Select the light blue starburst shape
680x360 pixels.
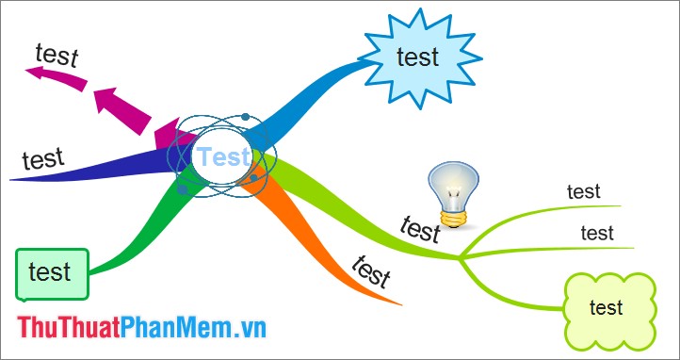[417, 58]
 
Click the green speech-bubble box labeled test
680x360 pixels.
[51, 273]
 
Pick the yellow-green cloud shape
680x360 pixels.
[607, 308]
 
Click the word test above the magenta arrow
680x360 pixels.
[57, 54]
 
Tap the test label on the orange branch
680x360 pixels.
[370, 271]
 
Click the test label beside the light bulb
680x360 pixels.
[420, 229]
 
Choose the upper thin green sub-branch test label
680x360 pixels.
[583, 191]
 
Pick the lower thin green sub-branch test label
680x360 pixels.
[596, 233]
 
